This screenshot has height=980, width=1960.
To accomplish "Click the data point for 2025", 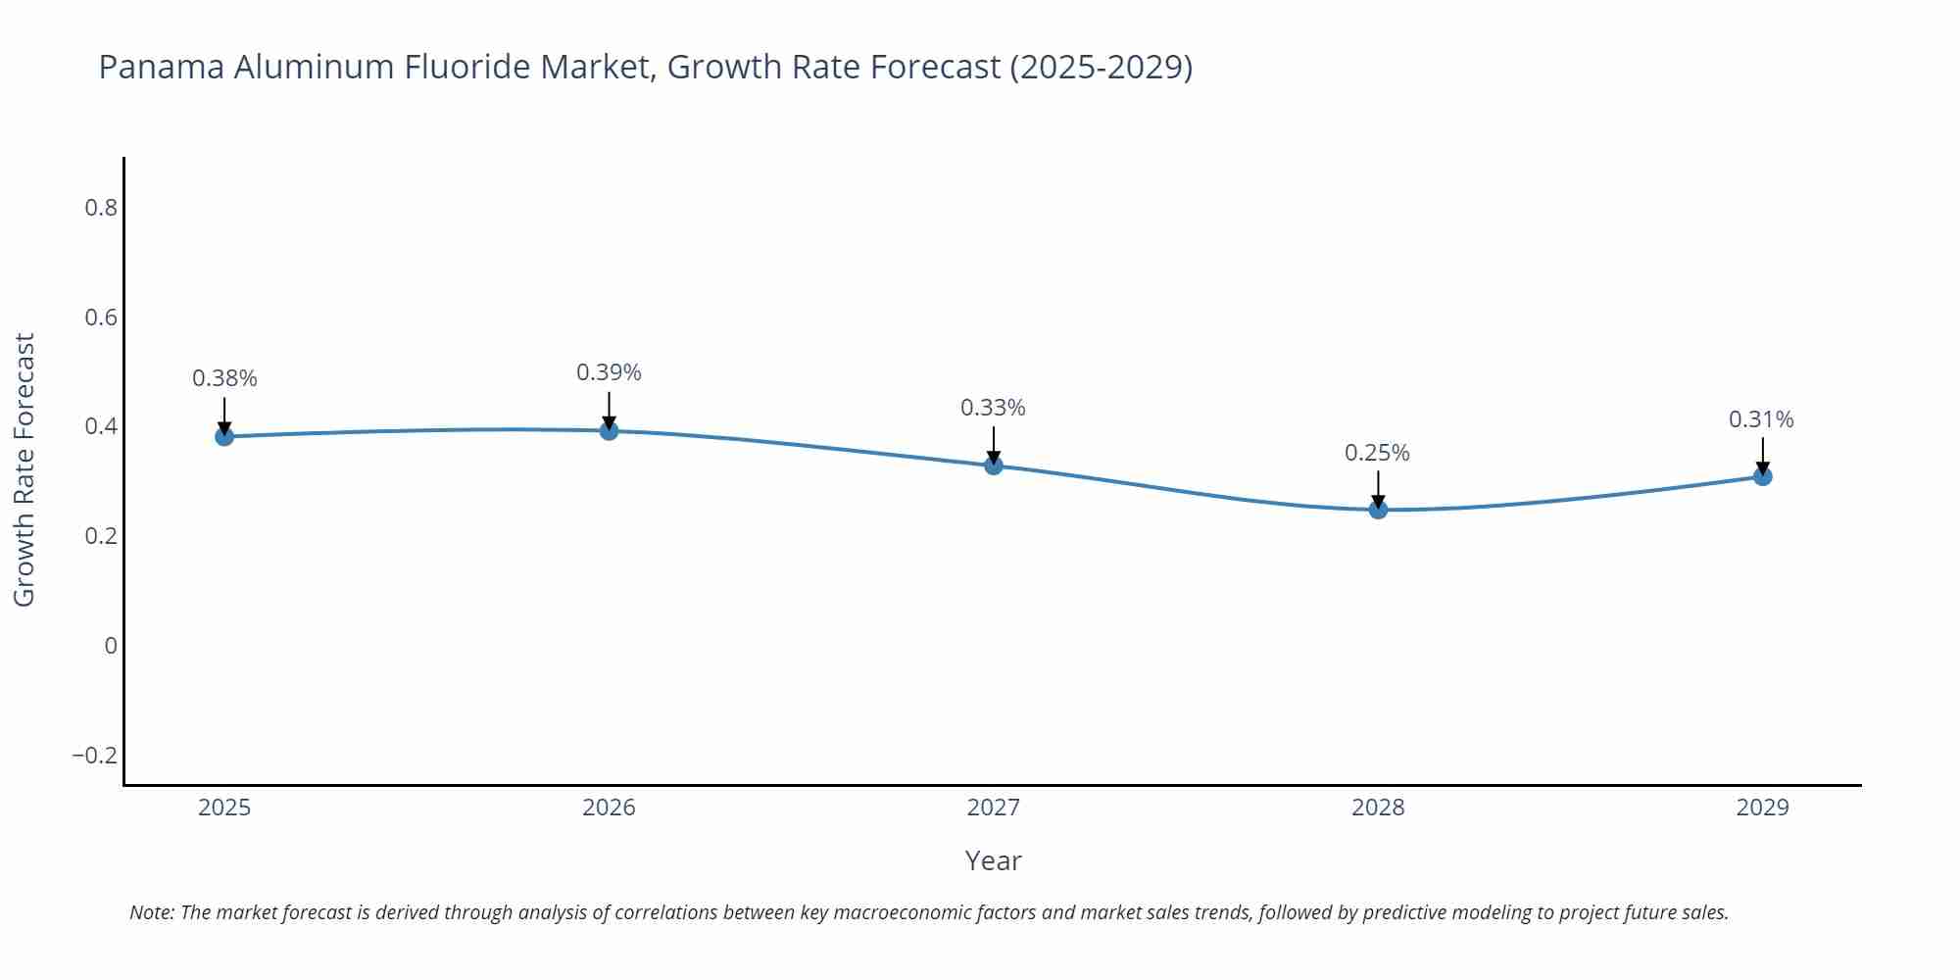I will coord(224,436).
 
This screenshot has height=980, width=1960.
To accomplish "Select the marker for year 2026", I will coord(609,430).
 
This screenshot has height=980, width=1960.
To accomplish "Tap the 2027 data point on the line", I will coord(994,465).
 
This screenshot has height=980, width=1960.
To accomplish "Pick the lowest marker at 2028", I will coord(1378,509).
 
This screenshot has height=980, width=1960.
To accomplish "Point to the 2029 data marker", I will coord(1762,476).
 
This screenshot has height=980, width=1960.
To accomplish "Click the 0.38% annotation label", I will coord(224,378).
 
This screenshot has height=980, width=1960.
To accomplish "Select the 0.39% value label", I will coord(609,372).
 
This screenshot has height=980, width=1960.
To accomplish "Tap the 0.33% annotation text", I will coord(993,408).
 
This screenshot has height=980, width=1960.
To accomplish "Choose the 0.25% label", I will coord(1377,453).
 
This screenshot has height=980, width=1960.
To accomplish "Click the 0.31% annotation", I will coord(1761,419).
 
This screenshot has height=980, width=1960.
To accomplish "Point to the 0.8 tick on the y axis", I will coord(100,208).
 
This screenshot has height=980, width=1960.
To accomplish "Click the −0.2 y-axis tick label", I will coord(94,756).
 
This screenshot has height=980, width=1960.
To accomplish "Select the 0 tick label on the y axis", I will coord(111,646).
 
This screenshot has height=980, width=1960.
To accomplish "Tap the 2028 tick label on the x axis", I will coord(1378,808).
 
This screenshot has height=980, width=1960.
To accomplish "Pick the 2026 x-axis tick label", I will coord(609,808).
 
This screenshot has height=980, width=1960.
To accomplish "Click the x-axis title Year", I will coord(993,860).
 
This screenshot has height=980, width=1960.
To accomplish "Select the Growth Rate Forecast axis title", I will coord(24,469).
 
